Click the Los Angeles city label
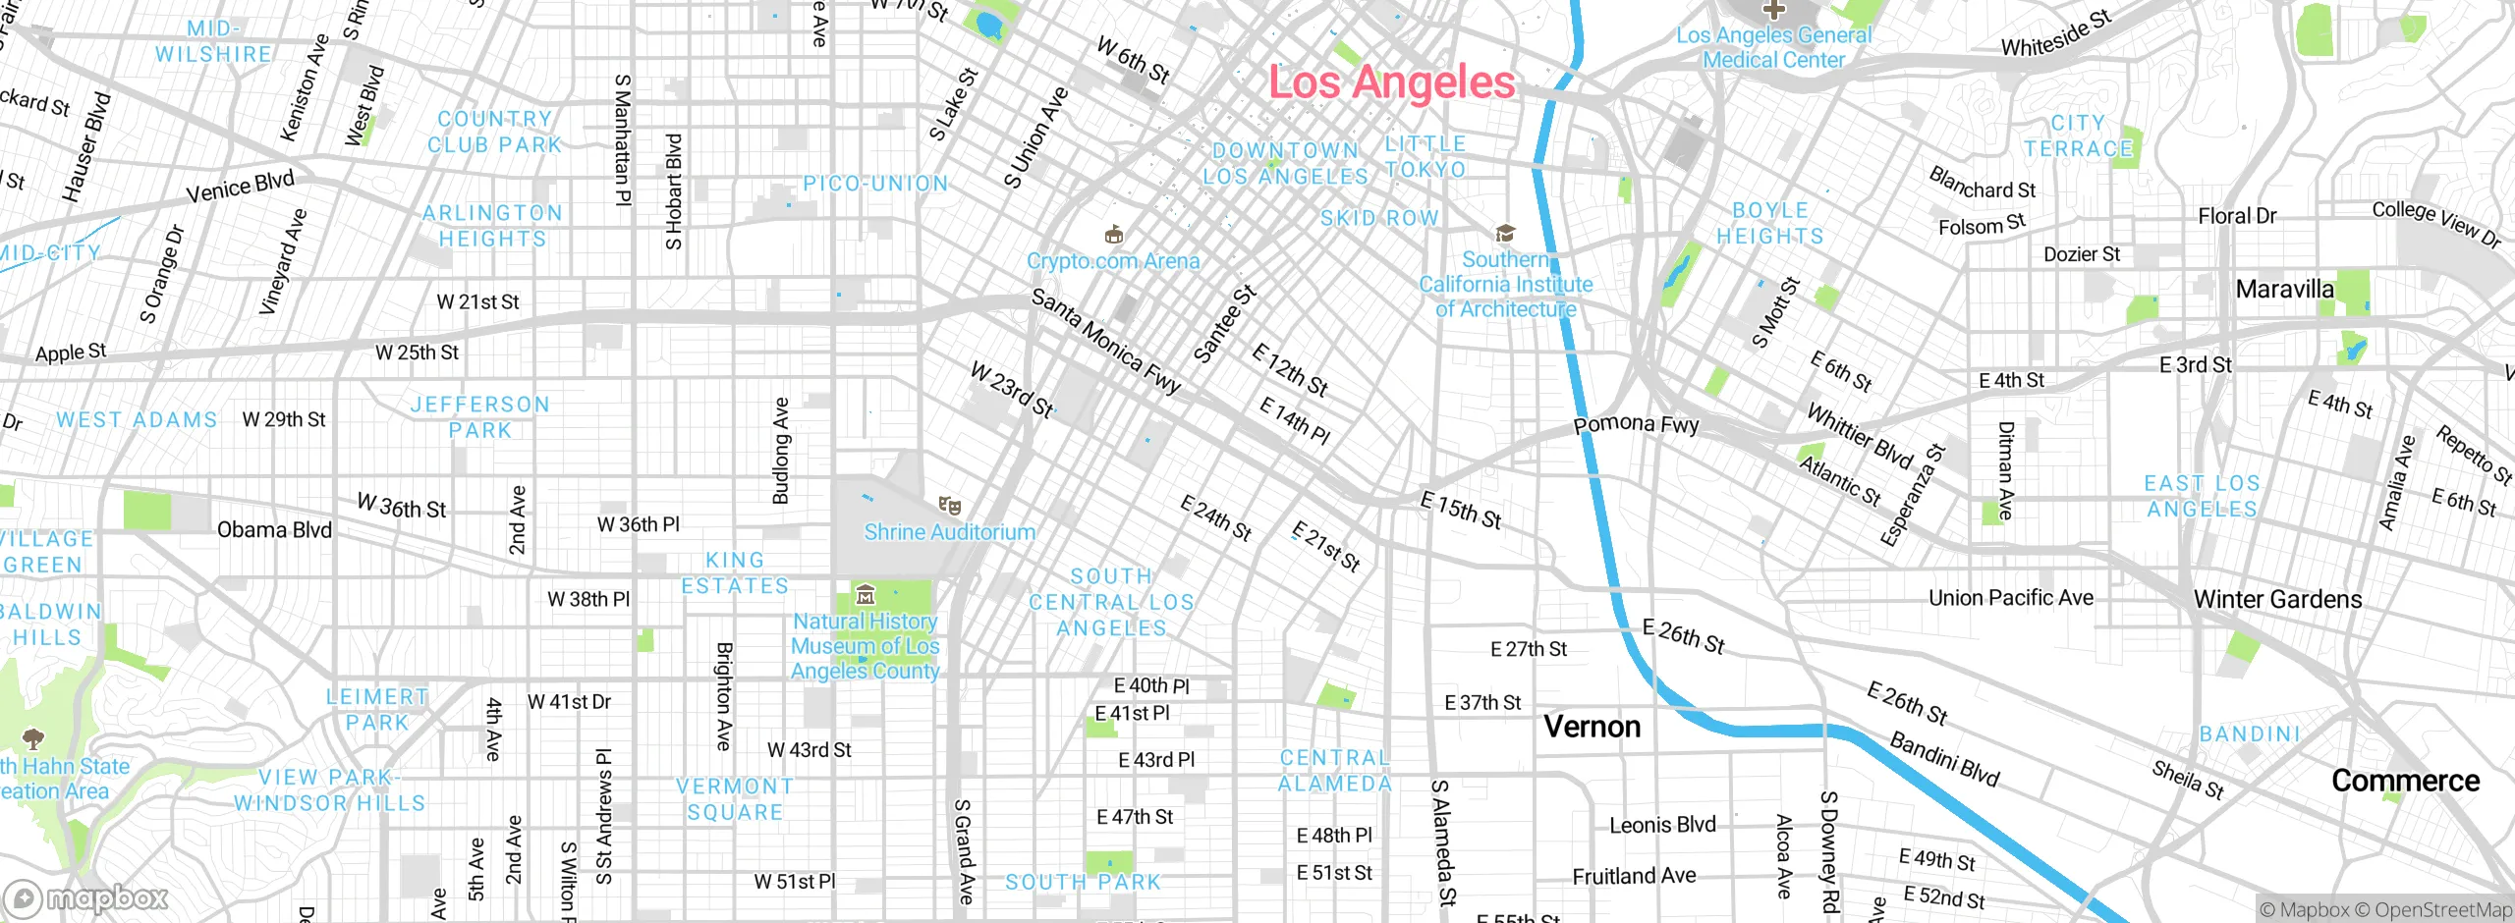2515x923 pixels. click(x=1391, y=81)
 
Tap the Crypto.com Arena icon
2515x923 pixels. click(x=1113, y=235)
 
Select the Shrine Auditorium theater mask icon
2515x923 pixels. click(x=949, y=506)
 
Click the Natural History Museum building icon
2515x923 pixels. click(x=866, y=594)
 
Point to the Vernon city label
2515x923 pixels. click(x=1592, y=727)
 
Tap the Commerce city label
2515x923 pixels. click(x=2405, y=781)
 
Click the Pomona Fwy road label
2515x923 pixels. click(x=1636, y=424)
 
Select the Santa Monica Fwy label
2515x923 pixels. click(x=1105, y=342)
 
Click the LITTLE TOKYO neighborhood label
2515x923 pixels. click(x=1425, y=156)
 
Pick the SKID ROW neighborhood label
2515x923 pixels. click(x=1379, y=218)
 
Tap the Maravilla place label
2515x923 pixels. click(x=2284, y=289)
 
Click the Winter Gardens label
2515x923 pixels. click(x=2277, y=599)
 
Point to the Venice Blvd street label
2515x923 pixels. click(x=240, y=186)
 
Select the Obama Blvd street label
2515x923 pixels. click(x=274, y=530)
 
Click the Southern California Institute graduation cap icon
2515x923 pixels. click(x=1505, y=234)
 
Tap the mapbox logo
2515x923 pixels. click(x=86, y=897)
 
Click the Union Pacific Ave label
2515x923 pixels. click(x=2010, y=598)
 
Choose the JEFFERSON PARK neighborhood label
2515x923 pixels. click(x=479, y=417)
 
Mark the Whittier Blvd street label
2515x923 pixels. click(x=1860, y=437)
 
